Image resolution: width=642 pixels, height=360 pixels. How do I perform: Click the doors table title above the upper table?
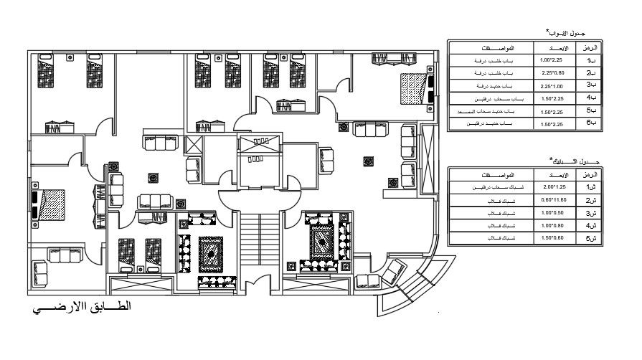point(567,34)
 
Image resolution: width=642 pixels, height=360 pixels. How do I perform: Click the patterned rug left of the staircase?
point(212,252)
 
